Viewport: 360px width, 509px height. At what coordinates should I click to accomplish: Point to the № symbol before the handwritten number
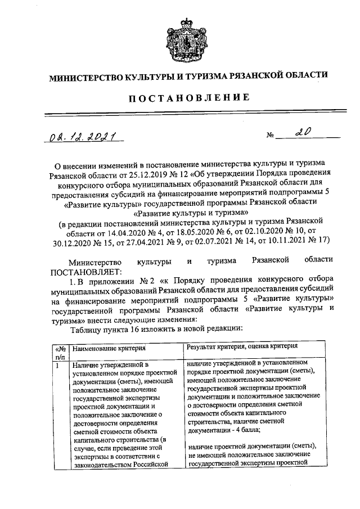(271, 137)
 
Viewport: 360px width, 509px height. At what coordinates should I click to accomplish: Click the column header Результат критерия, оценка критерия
(242, 347)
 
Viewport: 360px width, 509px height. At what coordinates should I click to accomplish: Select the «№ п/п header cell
(60, 352)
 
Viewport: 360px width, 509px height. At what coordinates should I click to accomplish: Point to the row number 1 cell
(58, 366)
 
